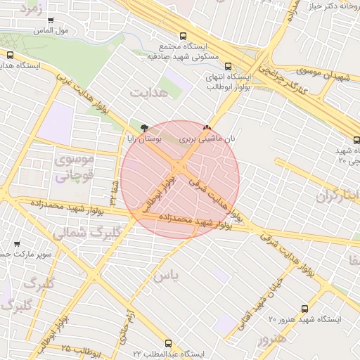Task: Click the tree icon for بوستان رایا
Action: pyautogui.click(x=144, y=128)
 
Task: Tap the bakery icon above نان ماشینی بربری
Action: pyautogui.click(x=207, y=128)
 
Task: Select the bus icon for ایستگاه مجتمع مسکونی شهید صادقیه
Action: pyautogui.click(x=184, y=36)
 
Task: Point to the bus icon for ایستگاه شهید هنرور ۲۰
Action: pyautogui.click(x=304, y=308)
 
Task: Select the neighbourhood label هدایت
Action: pyautogui.click(x=145, y=91)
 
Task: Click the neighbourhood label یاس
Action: pyautogui.click(x=165, y=275)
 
